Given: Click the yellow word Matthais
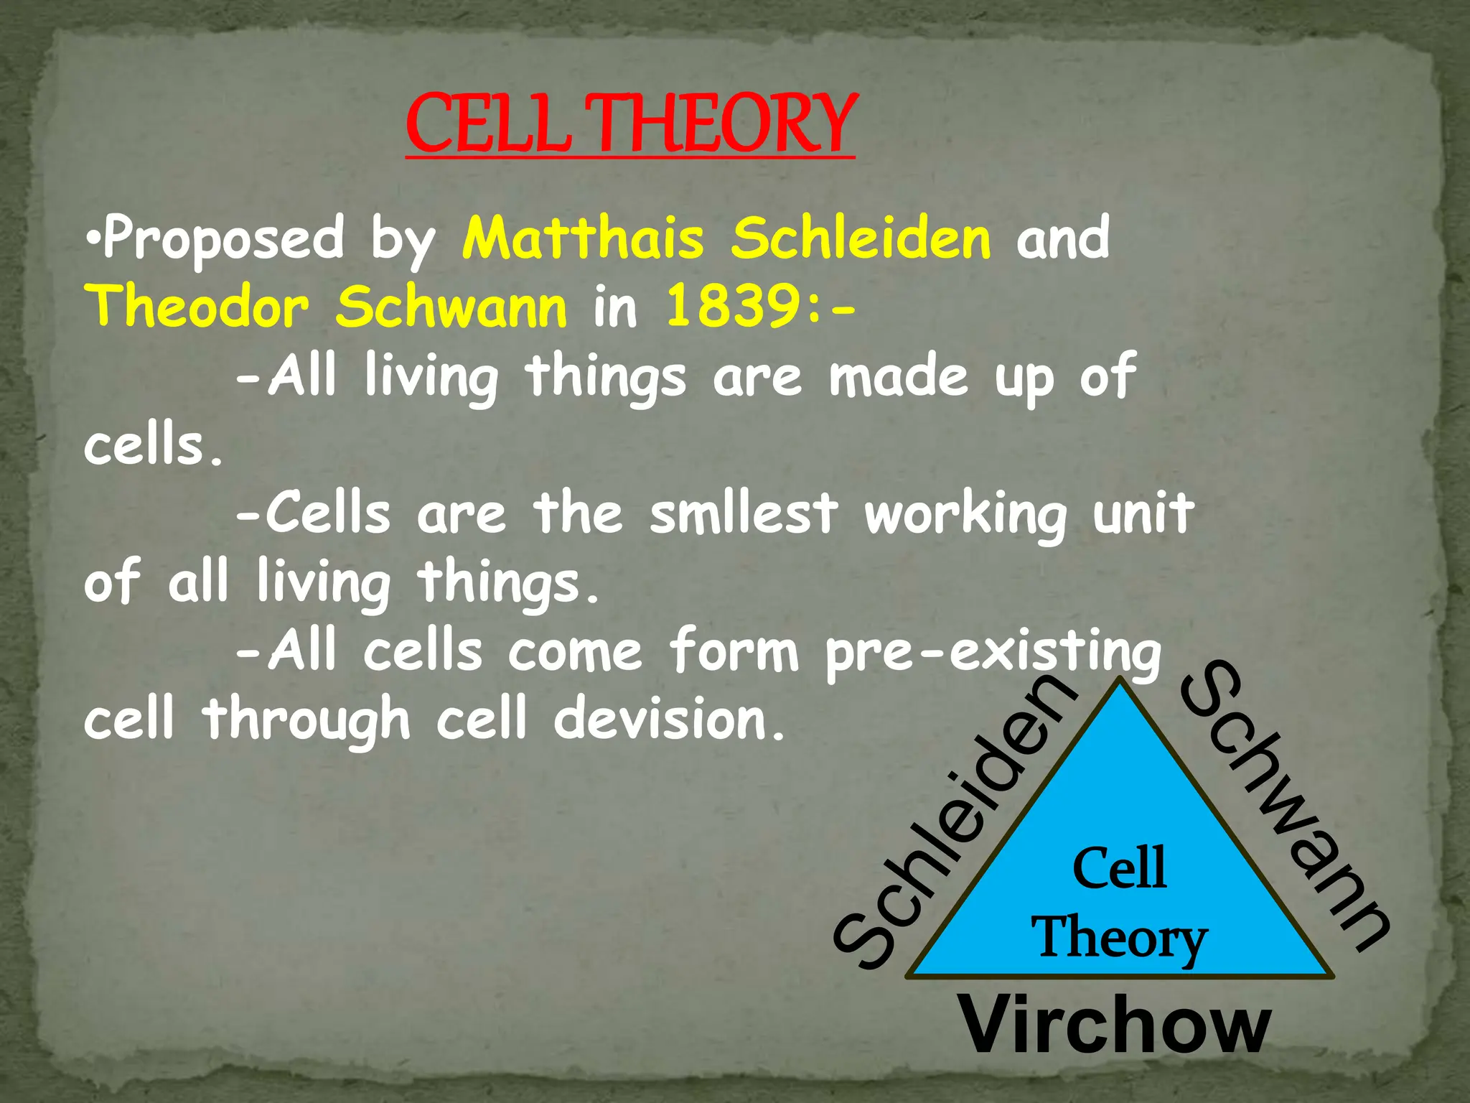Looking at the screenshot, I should (x=583, y=238).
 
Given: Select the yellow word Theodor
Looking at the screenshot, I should (x=197, y=307).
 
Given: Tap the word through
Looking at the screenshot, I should (x=307, y=721).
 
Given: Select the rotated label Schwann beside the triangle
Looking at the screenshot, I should (x=1285, y=804).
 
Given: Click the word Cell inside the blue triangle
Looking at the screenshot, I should (x=1119, y=868).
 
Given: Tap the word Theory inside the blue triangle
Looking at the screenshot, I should (x=1119, y=937).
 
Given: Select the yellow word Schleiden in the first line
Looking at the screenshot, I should (x=861, y=238).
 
